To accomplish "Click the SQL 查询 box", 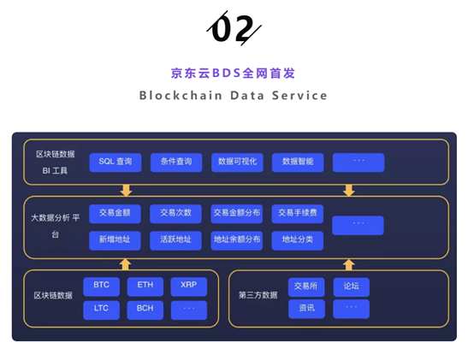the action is click(x=116, y=162).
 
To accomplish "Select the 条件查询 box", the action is click(x=176, y=162).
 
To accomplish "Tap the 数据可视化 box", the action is click(x=237, y=162).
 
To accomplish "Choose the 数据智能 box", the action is click(x=298, y=162).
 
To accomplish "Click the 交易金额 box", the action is click(x=115, y=214).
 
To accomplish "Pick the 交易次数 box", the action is click(x=175, y=214).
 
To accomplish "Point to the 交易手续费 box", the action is click(x=298, y=214).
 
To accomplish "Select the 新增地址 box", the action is click(x=115, y=240).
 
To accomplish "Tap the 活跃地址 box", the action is click(x=175, y=240).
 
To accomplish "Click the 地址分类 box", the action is click(x=298, y=240).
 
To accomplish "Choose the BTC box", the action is click(x=101, y=286).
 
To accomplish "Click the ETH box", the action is click(x=145, y=286).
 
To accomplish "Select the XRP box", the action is click(x=189, y=286).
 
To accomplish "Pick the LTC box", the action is click(x=101, y=310).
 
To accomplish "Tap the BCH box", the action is click(x=145, y=310).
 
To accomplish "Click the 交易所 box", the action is click(x=306, y=287).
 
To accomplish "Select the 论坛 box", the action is click(x=352, y=287).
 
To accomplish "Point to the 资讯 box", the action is click(x=306, y=309).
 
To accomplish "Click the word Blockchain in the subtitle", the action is click(x=181, y=96).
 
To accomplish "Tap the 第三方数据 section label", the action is click(x=258, y=295).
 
